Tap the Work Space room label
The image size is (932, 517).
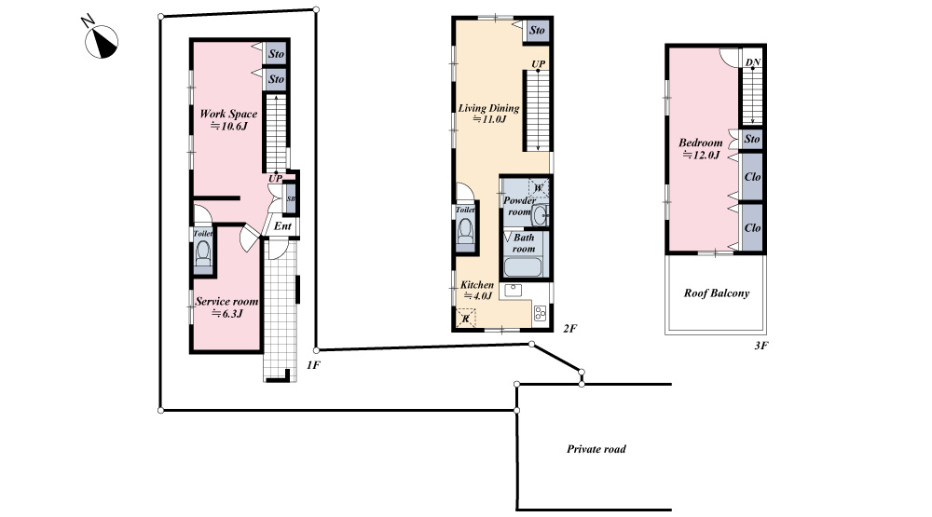229,119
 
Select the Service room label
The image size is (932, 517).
226,307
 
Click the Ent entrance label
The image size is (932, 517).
282,225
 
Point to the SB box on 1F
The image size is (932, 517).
291,199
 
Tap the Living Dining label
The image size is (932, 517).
488,114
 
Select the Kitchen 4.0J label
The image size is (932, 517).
477,290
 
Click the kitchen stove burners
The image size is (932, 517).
541,313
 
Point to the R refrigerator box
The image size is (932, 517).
465,319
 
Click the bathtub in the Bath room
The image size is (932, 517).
523,266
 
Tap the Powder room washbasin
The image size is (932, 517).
540,215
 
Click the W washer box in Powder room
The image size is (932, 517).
539,188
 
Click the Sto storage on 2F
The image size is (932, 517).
538,31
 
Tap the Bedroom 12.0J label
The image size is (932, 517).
701,148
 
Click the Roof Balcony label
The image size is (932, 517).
716,293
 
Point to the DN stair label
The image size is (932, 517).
753,61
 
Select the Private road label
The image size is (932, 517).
596,449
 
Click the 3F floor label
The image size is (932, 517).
761,346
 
